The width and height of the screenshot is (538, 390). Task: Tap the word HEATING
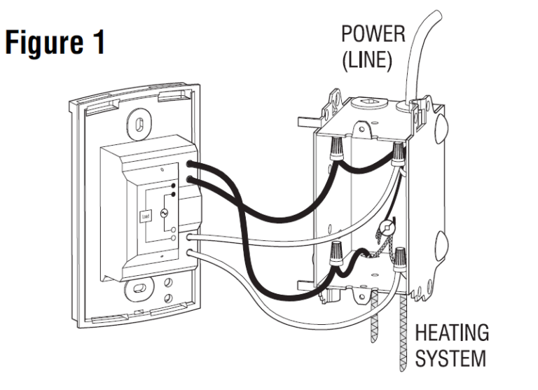pyautogui.click(x=452, y=333)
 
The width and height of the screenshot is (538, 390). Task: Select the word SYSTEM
pyautogui.click(x=449, y=358)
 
